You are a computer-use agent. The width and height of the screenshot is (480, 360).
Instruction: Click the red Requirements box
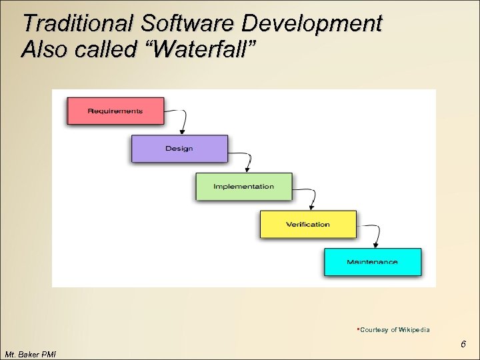pos(115,111)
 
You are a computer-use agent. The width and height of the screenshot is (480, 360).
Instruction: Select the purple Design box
pos(179,149)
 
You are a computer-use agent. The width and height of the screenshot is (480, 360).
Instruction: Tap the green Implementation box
pos(243,187)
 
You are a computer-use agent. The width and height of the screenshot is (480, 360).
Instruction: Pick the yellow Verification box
pos(308,224)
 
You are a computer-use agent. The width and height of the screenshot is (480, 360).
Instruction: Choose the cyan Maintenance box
pos(372,262)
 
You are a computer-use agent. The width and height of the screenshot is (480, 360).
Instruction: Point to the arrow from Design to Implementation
pos(246,160)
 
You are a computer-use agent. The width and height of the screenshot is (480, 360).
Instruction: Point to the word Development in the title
pos(312,24)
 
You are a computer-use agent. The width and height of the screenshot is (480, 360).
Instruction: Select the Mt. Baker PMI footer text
pos(30,354)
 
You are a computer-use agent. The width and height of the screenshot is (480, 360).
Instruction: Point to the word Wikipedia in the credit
pos(415,330)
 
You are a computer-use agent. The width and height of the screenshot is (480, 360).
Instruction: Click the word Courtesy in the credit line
pos(374,330)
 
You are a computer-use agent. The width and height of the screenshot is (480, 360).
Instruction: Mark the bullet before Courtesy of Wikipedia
pos(358,329)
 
